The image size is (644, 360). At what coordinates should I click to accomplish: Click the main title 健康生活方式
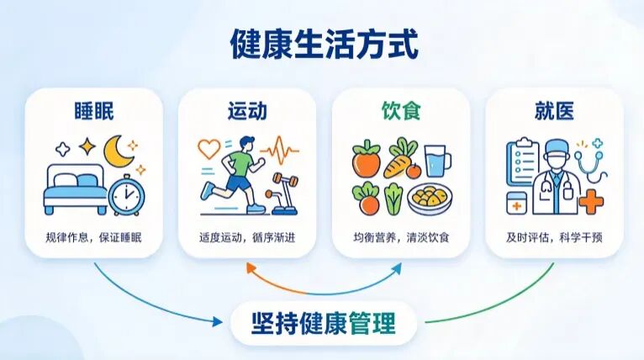[324, 44]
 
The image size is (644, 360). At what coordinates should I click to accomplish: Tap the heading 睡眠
[94, 111]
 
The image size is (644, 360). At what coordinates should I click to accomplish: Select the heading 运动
[247, 111]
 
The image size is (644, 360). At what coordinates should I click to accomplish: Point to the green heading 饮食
[401, 111]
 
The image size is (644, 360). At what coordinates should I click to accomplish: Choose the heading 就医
[554, 111]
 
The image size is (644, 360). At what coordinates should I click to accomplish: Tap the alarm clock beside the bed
[126, 195]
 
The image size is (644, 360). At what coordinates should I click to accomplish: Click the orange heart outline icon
[209, 148]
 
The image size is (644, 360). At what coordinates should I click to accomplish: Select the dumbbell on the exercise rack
[286, 180]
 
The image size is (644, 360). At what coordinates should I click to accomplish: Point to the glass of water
[437, 161]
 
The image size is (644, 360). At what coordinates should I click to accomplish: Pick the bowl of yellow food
[430, 199]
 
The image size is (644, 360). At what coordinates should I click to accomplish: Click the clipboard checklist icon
[523, 162]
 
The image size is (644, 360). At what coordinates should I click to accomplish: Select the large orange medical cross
[591, 202]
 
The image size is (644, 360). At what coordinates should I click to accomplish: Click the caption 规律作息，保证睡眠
[93, 237]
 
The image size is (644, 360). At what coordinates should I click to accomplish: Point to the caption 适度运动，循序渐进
[247, 237]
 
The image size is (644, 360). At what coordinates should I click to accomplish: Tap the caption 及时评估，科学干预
[554, 237]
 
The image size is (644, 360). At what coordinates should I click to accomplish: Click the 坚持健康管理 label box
[324, 323]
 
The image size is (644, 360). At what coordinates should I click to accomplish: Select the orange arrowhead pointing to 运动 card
[251, 268]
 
